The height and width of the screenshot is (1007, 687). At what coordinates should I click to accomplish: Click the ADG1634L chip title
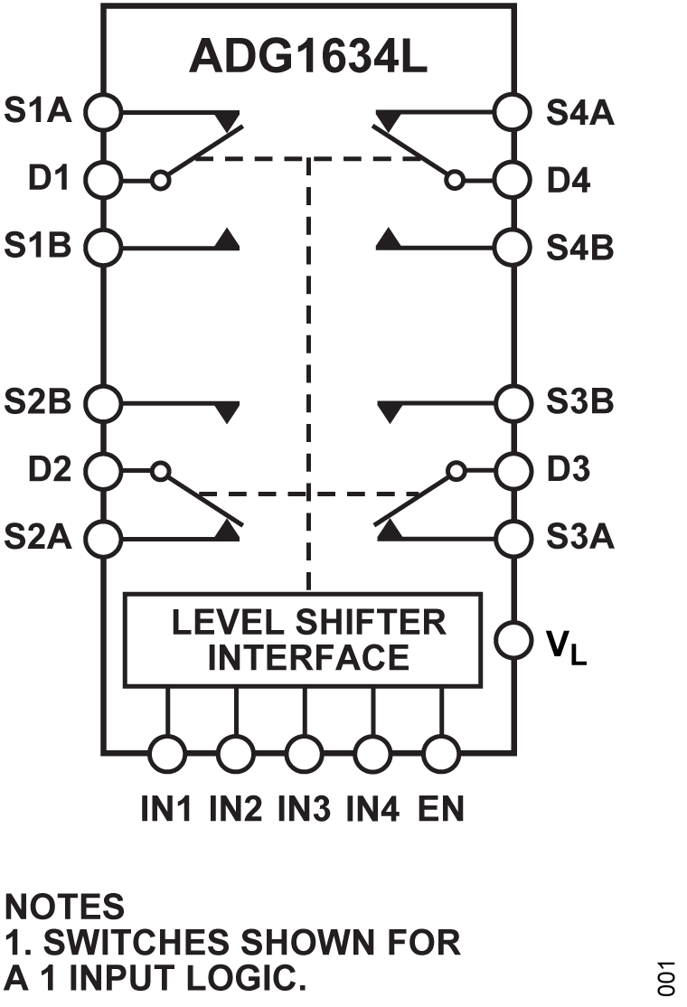307,56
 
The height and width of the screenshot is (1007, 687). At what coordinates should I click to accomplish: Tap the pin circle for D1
104,179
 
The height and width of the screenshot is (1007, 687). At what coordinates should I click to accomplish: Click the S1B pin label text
38,245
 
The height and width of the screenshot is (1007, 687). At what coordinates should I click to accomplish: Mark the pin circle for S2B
104,401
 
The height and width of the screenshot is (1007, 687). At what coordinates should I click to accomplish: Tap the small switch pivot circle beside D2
161,470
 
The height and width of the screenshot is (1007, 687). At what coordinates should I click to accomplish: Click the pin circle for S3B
513,401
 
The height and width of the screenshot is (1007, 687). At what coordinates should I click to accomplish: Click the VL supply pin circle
513,640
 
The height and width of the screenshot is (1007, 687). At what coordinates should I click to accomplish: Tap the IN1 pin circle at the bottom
167,751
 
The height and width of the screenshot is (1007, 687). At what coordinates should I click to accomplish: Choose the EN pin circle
441,751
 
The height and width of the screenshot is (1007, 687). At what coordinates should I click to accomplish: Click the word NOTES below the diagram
64,905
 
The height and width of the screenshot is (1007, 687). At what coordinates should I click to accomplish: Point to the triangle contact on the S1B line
228,240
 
